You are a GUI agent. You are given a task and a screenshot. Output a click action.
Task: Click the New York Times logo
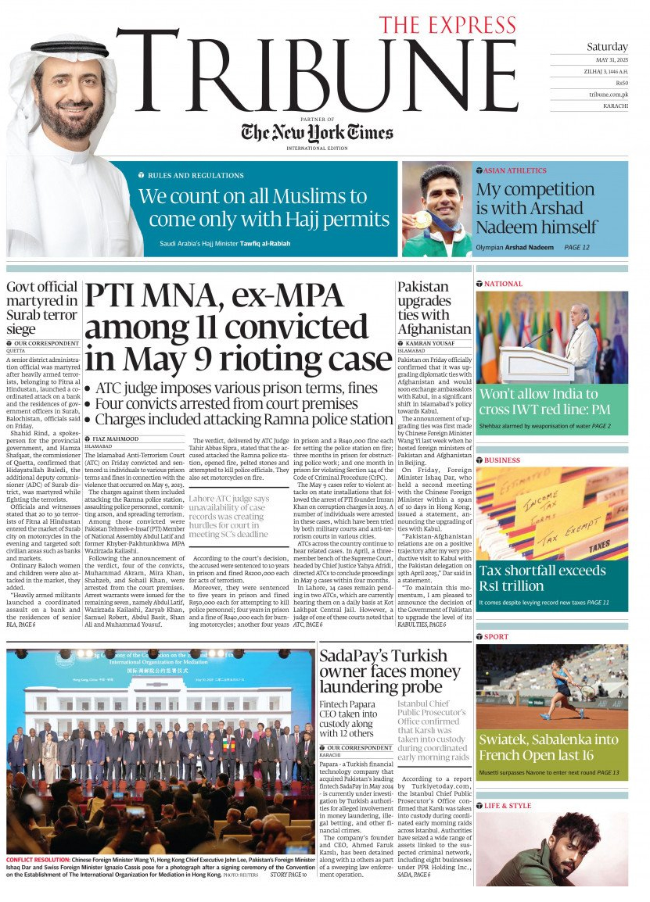[x=317, y=132]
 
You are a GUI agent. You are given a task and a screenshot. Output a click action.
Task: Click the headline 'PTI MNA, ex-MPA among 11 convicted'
[x=239, y=327]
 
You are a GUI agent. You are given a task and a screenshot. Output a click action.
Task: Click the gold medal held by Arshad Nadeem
[x=422, y=220]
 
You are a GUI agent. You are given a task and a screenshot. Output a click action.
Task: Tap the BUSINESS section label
[x=502, y=460]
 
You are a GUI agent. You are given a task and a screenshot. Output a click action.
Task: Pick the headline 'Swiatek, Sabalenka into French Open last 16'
[x=548, y=747]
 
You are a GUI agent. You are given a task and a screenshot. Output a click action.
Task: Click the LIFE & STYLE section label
[x=508, y=806]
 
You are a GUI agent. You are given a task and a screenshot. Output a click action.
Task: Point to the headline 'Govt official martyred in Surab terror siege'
[x=42, y=308]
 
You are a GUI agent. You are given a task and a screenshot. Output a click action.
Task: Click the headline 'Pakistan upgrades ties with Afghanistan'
[x=433, y=308]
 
